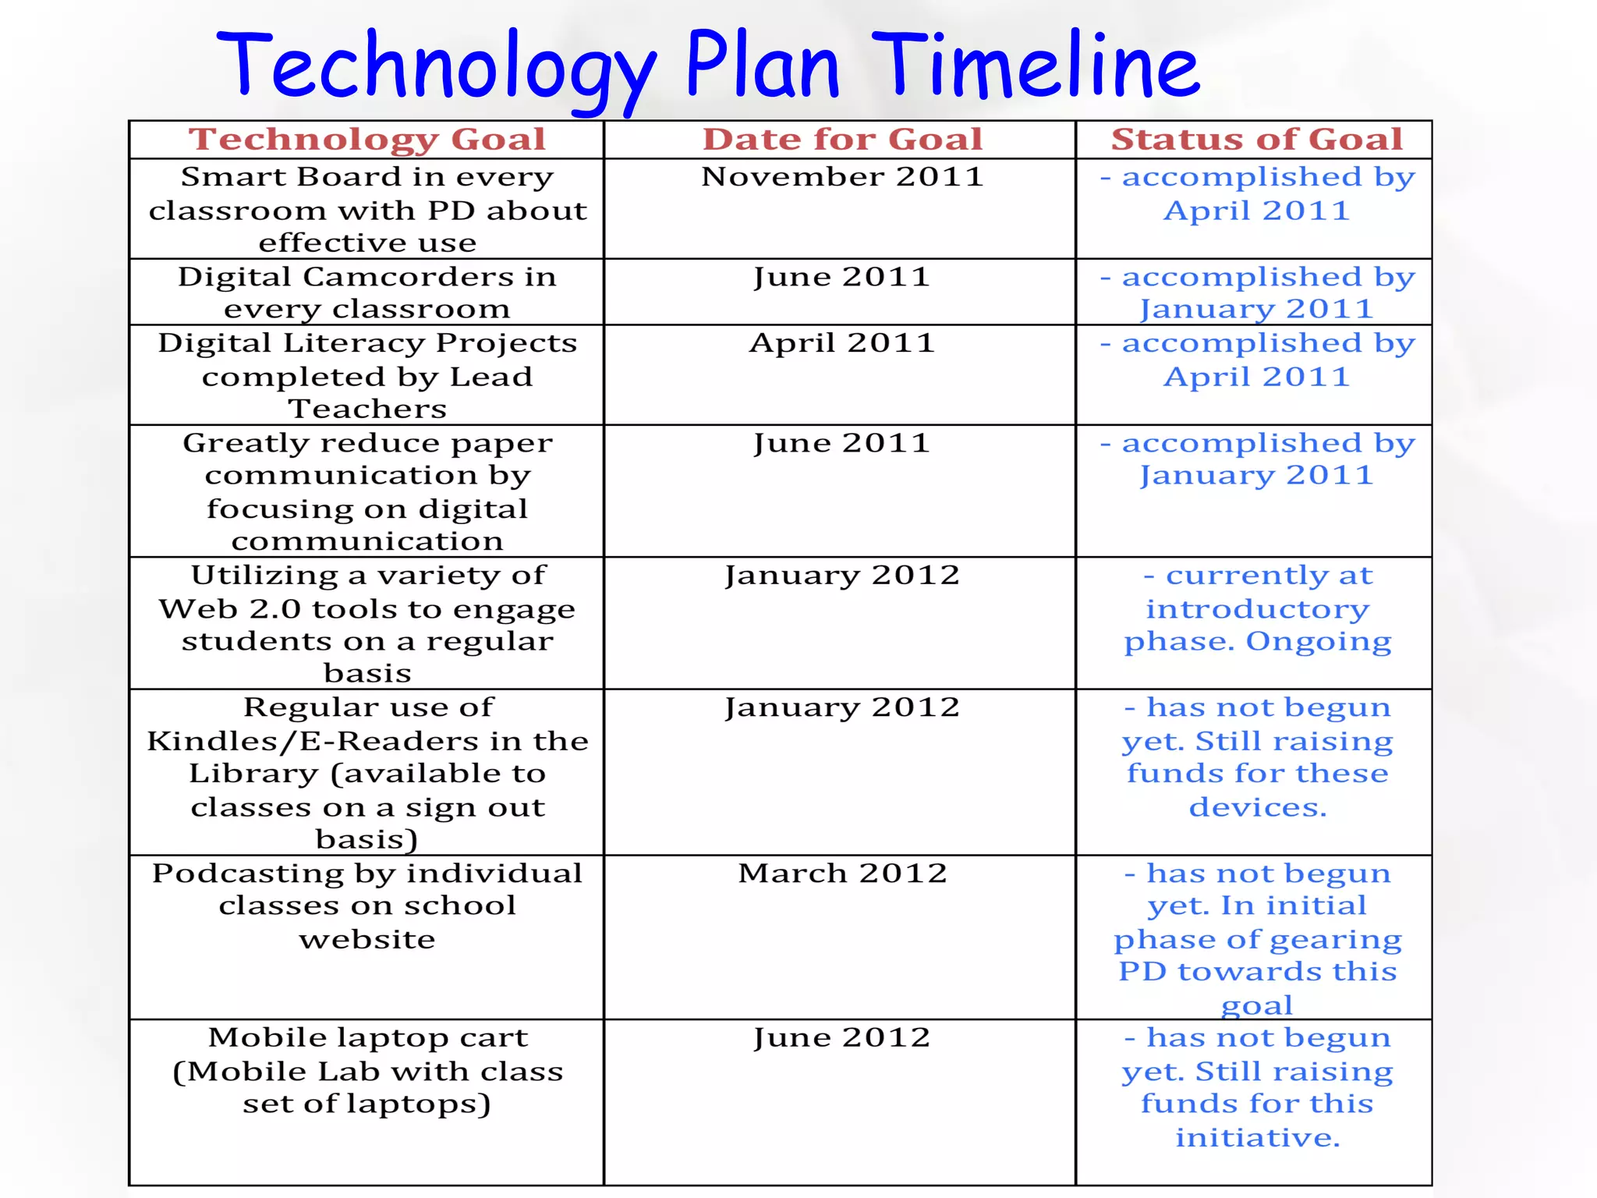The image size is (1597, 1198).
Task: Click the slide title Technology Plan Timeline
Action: (707, 66)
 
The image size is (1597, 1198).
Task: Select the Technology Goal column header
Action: (366, 140)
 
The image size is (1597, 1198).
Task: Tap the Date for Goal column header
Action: (841, 140)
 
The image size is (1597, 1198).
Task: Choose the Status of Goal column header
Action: (1255, 140)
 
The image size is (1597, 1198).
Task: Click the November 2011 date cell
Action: (841, 177)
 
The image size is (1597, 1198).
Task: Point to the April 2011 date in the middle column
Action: (841, 343)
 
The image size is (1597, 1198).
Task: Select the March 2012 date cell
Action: (841, 874)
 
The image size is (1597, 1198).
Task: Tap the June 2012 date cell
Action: (841, 1038)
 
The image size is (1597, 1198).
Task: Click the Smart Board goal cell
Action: (366, 209)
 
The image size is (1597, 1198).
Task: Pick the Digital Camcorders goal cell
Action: (366, 292)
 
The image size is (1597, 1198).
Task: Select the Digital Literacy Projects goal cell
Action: (366, 375)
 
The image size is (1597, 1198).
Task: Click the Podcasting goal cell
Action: (366, 906)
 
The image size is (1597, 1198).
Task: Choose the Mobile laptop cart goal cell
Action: (366, 1070)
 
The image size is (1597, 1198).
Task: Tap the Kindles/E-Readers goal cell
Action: (366, 772)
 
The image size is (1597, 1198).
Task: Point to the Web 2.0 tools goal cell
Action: (366, 623)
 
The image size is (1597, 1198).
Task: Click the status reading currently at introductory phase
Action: (1256, 608)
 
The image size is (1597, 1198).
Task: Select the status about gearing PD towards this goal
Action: (1256, 938)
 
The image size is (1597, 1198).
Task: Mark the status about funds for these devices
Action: (1256, 757)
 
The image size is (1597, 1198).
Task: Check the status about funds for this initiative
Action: (1256, 1087)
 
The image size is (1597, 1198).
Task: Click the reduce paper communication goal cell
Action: (366, 491)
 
